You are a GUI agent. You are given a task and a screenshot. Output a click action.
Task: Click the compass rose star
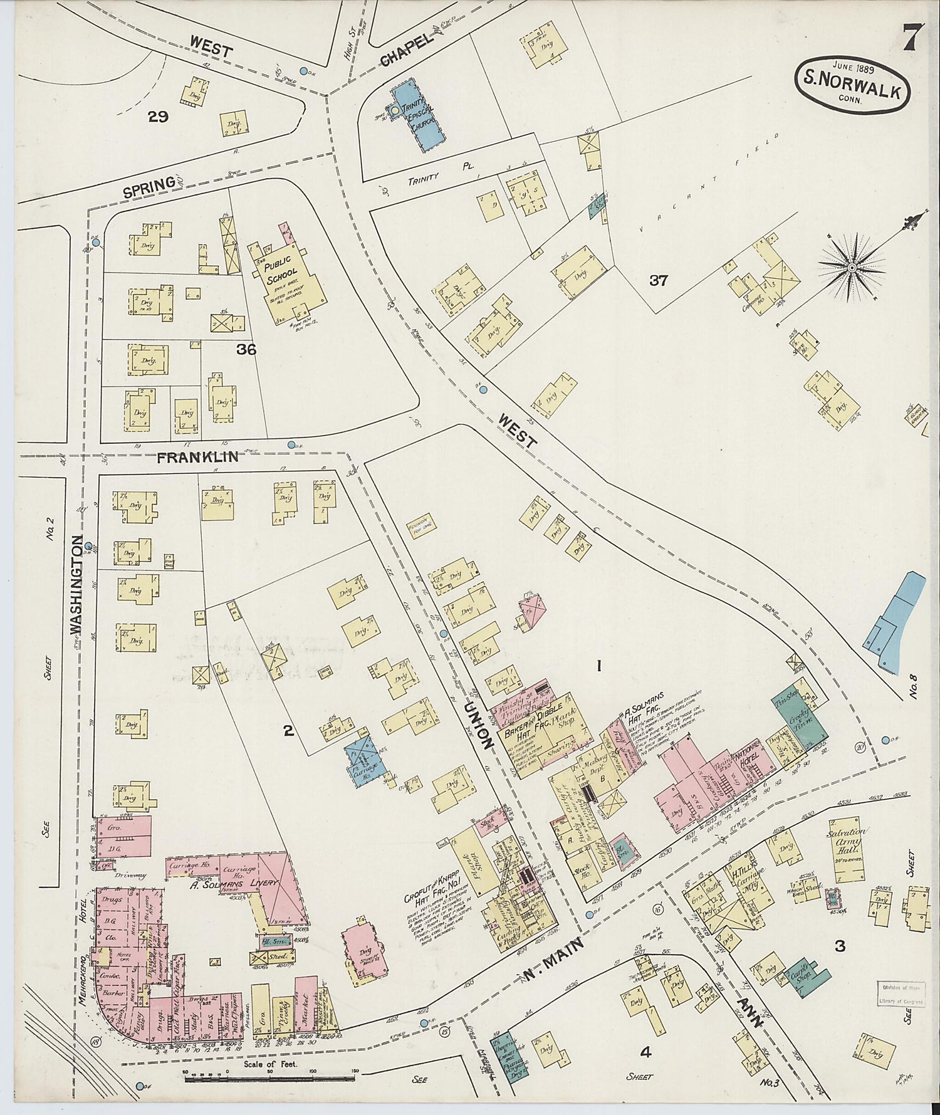852,268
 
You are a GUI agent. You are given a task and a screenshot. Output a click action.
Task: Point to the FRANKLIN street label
197,457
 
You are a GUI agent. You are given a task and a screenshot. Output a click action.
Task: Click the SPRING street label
149,187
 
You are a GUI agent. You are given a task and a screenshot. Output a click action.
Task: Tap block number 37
658,280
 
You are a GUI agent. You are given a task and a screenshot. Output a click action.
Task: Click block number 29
158,116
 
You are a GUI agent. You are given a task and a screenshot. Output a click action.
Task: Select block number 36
246,350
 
